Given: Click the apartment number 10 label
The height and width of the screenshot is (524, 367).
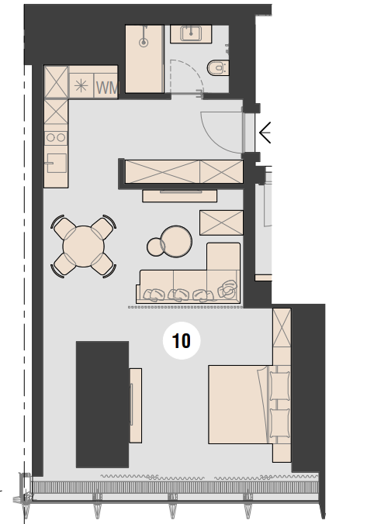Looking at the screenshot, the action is click(182, 341).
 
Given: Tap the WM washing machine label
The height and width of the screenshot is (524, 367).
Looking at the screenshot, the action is click(107, 88).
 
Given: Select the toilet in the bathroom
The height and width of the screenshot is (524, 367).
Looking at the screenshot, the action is click(218, 68).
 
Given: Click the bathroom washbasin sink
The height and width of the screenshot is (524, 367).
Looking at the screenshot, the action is click(191, 33).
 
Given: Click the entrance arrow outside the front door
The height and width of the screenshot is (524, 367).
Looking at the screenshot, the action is click(265, 133).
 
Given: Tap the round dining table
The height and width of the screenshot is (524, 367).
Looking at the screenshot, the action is click(84, 246).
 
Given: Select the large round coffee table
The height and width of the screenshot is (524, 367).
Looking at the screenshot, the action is click(176, 241).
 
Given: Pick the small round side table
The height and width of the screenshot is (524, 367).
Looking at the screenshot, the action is click(156, 247).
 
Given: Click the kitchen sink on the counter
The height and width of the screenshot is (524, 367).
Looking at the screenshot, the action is click(57, 163).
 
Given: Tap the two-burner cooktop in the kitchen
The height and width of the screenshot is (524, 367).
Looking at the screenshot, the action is click(56, 137).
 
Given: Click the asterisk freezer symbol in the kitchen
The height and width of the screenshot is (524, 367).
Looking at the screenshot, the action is click(81, 86).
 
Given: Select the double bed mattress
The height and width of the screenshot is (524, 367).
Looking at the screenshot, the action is click(239, 405).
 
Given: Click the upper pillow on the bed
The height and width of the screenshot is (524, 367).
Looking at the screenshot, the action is click(279, 386).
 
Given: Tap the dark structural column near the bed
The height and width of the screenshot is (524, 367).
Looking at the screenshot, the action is click(102, 405).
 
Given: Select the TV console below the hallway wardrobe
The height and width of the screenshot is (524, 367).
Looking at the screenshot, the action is click(180, 195).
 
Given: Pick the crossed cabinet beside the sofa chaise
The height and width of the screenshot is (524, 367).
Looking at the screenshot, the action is click(221, 222).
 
